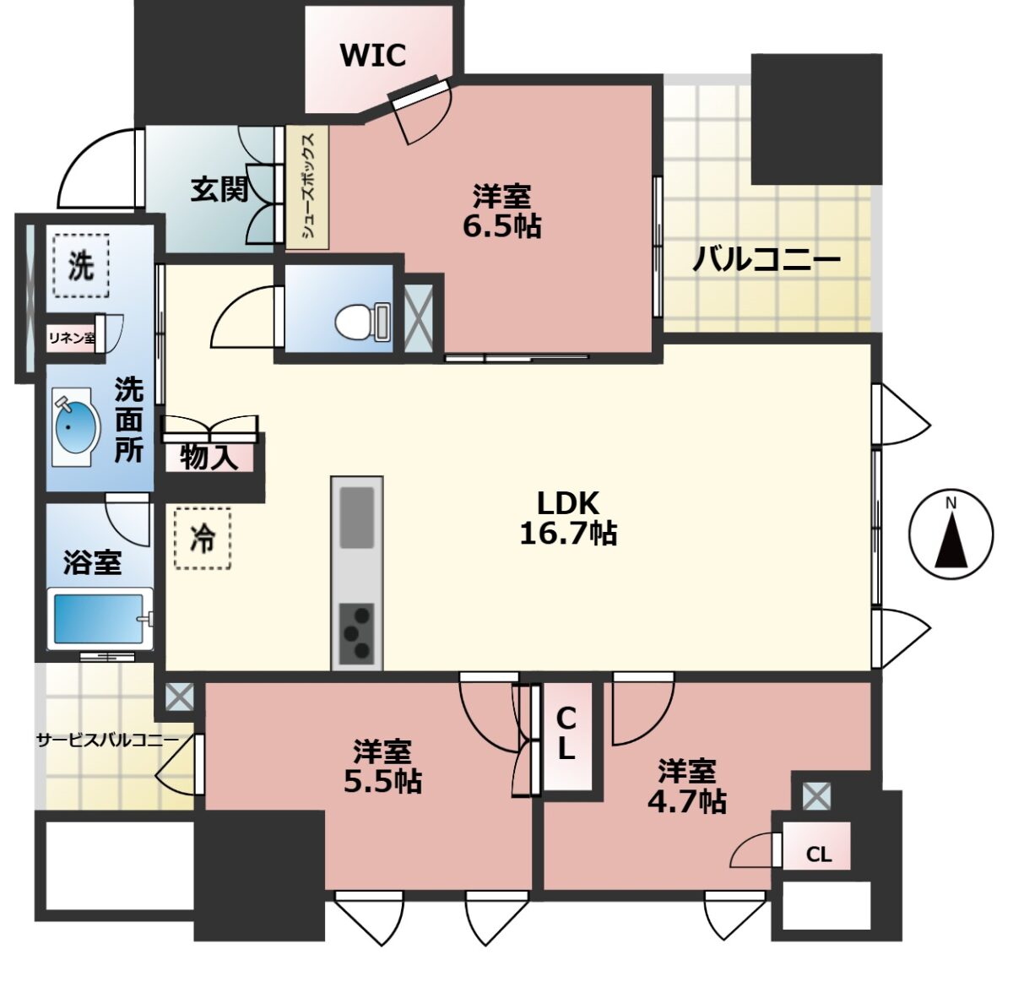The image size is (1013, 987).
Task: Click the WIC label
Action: point(373,55)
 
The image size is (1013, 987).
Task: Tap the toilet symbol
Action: point(362,322)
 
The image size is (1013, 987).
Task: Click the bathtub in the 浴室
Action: point(100,619)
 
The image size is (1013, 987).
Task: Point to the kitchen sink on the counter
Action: point(356,517)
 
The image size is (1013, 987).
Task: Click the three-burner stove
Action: point(356,633)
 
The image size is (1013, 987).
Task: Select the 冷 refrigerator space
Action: point(203,539)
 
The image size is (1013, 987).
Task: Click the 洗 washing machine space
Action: point(81,265)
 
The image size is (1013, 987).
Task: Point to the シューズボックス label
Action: point(308,187)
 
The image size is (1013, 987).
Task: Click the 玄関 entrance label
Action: point(219,189)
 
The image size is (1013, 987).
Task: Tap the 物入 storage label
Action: point(209,458)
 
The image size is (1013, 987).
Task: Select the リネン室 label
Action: point(72,338)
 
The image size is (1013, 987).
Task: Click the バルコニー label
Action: point(767,259)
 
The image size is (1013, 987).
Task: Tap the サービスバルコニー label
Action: point(107,740)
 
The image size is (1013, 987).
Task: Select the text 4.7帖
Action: point(687,801)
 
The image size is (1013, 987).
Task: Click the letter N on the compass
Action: point(951,504)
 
